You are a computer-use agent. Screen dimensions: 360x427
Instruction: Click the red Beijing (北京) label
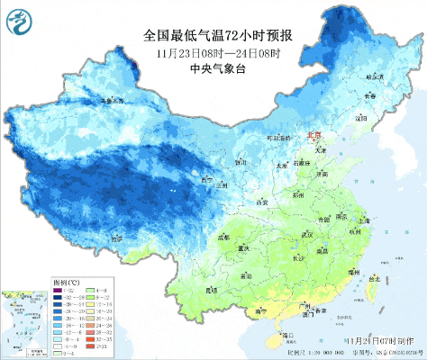[314, 136]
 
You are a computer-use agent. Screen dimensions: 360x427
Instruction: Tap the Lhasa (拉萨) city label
[116, 239]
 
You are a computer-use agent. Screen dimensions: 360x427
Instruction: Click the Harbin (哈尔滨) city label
[374, 78]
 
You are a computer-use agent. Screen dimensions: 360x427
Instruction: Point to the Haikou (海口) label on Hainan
[288, 335]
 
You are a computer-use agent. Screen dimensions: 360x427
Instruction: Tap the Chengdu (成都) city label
[223, 238]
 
